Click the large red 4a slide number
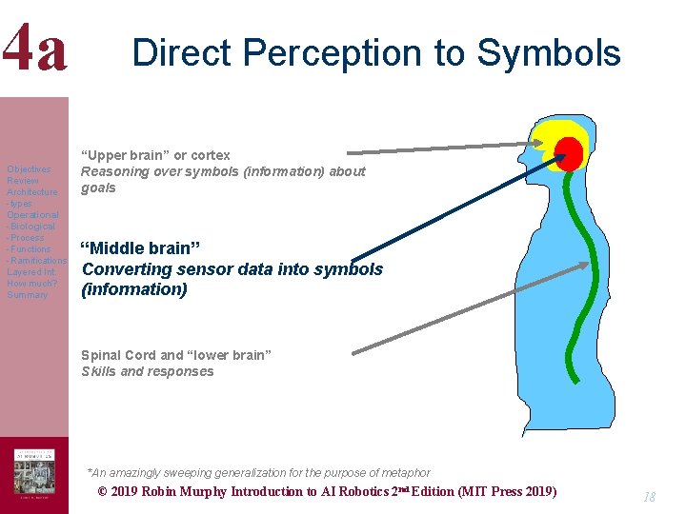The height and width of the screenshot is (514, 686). click(35, 49)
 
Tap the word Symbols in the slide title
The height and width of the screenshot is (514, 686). click(549, 53)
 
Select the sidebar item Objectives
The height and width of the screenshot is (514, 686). click(29, 169)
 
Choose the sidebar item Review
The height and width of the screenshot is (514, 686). click(23, 181)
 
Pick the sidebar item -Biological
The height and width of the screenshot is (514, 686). click(32, 227)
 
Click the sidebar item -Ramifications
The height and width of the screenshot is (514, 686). click(36, 261)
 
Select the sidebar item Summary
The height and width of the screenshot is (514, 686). click(27, 295)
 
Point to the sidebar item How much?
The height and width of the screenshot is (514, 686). click(32, 284)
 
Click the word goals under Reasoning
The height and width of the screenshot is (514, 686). click(98, 188)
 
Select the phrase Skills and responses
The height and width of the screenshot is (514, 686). click(148, 372)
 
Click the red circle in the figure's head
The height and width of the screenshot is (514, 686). click(570, 152)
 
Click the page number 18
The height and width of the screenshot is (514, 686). click(649, 497)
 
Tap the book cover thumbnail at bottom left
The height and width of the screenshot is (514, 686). click(34, 472)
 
